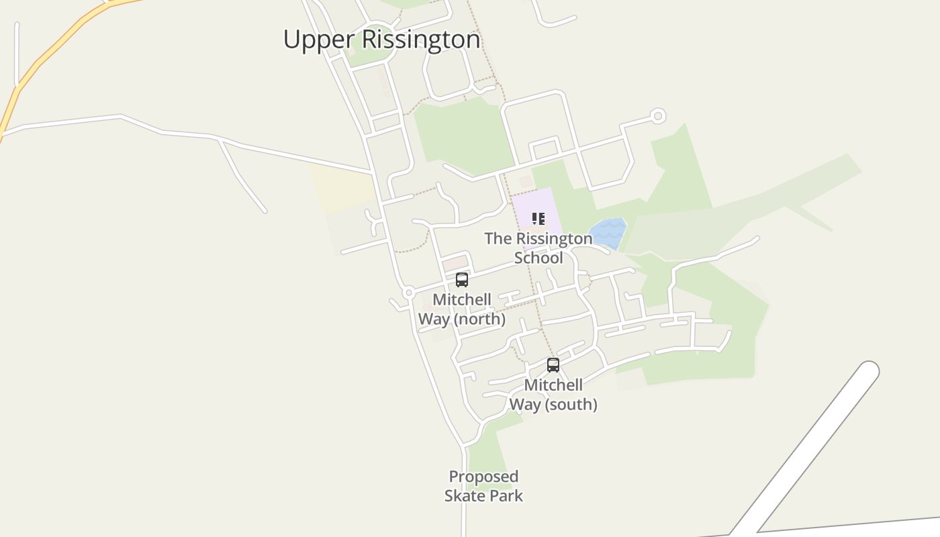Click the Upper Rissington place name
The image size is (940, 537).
point(381,40)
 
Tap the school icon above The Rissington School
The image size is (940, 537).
point(538,219)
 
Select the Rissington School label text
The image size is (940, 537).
point(538,248)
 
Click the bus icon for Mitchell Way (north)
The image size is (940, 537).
point(462,280)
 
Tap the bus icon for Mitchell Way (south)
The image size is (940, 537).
point(553,365)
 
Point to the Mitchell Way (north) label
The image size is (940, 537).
point(462,309)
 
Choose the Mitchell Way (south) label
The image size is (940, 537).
point(553,395)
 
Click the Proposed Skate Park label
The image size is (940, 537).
point(483,486)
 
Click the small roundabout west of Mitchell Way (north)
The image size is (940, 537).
point(408,293)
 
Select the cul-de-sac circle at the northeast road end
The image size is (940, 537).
point(658,116)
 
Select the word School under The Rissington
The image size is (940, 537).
point(538,258)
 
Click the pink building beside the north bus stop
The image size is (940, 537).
point(455,262)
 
